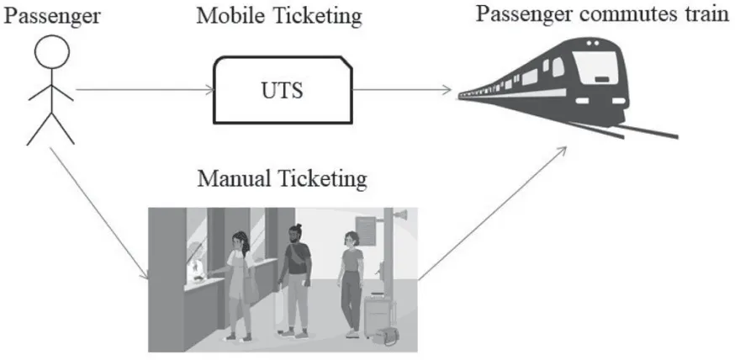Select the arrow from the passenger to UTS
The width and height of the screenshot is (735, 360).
pyautogui.click(x=142, y=90)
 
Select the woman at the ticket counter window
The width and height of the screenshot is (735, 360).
pyautogui.click(x=239, y=278)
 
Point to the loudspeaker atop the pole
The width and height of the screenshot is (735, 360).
pyautogui.click(x=403, y=218)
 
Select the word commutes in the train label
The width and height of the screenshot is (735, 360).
pyautogui.click(x=627, y=15)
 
